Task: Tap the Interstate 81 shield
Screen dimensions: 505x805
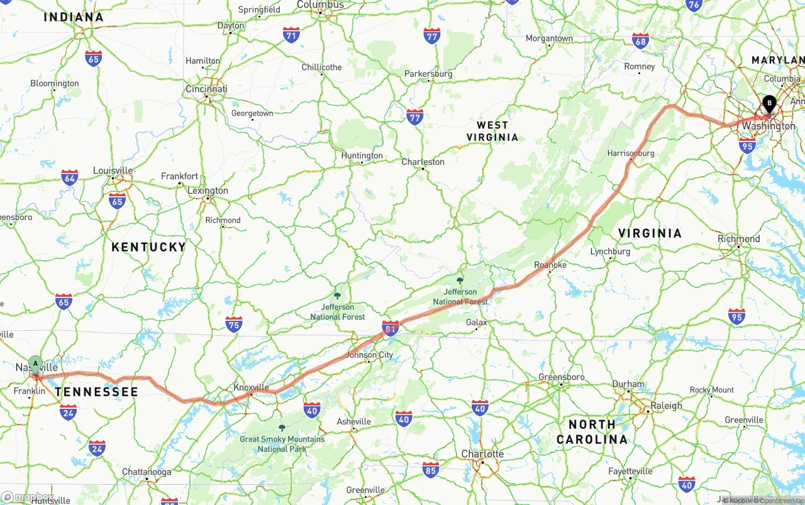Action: [391, 328]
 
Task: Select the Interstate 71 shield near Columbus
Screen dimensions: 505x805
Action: [291, 35]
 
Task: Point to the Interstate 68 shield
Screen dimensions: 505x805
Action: [640, 41]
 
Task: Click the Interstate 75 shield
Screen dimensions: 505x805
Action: [234, 324]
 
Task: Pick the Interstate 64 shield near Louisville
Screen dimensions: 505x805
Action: [70, 177]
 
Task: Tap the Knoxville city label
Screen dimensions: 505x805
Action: [251, 387]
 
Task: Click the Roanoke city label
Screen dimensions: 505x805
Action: [550, 265]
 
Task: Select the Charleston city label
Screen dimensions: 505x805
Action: [423, 162]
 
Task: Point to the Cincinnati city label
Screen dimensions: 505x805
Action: [206, 89]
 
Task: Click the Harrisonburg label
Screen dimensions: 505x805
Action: [631, 153]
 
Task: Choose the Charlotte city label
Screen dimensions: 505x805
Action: [482, 454]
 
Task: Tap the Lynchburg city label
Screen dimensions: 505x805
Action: [610, 252]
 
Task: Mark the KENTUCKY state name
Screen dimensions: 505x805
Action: [148, 247]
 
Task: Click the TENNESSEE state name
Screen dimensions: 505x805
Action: [96, 392]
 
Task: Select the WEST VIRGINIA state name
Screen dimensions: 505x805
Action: [492, 131]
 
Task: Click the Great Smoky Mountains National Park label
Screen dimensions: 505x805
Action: [282, 444]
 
